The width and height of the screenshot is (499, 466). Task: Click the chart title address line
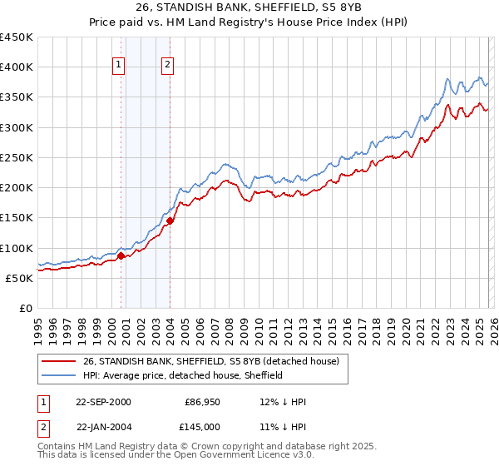249,9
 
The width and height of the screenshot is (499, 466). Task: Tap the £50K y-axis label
20,278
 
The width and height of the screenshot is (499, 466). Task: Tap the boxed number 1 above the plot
120,66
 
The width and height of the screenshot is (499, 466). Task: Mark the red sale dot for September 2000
121,256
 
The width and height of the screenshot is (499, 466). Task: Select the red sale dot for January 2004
170,221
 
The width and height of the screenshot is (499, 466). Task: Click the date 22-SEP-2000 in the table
103,402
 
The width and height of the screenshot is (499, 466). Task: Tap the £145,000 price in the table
203,426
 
